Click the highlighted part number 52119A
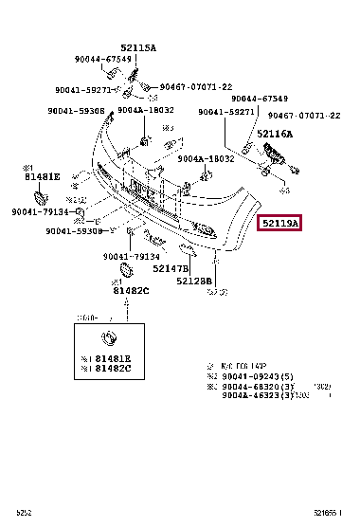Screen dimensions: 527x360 279,224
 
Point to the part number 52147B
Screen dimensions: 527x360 171,269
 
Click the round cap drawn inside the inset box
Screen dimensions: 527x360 109,338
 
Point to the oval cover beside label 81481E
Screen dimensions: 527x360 41,197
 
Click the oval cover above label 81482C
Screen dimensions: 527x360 120,275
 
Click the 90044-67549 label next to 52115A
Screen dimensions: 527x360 103,59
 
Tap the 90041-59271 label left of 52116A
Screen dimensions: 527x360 225,112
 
